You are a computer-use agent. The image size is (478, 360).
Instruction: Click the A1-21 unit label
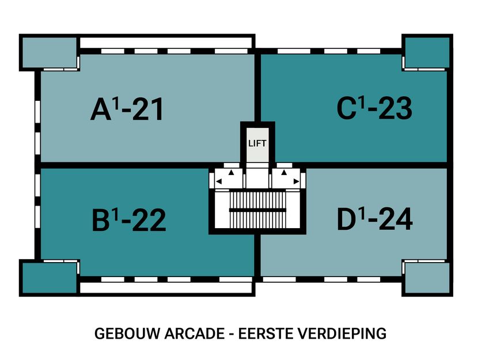pyautogui.click(x=127, y=109)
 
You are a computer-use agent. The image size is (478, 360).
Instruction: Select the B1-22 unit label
pyautogui.click(x=128, y=219)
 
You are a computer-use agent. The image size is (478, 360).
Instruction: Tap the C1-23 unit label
pyautogui.click(x=374, y=109)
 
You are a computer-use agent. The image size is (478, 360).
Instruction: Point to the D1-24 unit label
pyautogui.click(x=375, y=219)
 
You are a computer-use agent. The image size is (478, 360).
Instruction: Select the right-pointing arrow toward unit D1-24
pyautogui.click(x=296, y=182)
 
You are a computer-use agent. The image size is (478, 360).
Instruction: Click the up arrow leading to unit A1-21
pyautogui.click(x=231, y=172)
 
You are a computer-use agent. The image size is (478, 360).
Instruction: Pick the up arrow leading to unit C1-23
pyautogui.click(x=284, y=172)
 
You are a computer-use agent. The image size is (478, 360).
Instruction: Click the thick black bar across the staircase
pyautogui.click(x=257, y=210)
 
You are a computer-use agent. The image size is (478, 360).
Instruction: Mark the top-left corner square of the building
pyautogui.click(x=48, y=52)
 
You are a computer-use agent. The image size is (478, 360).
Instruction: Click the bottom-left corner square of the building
pyautogui.click(x=48, y=278)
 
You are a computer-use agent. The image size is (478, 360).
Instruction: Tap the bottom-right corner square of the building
pyautogui.click(x=424, y=278)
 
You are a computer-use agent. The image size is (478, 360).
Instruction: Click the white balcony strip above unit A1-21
pyautogui.click(x=166, y=43)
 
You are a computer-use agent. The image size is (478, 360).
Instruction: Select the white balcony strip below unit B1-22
pyautogui.click(x=166, y=287)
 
